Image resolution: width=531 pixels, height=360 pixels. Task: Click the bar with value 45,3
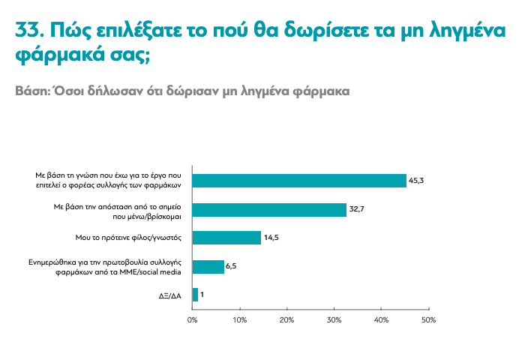[x=299, y=181]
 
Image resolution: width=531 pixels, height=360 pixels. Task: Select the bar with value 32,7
[x=269, y=209]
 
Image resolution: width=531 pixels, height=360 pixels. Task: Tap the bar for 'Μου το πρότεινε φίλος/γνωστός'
[x=226, y=238]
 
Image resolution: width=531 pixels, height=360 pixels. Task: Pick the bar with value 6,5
[x=208, y=266]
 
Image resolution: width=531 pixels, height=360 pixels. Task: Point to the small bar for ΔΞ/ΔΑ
[x=195, y=295]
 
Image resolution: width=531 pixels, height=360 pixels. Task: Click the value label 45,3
[x=417, y=181]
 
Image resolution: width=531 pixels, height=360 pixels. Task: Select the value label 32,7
[x=357, y=209]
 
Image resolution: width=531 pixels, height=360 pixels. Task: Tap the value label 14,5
[x=271, y=238]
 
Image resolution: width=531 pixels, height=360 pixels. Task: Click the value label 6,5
[x=232, y=266]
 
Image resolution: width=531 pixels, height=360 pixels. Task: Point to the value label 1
[x=202, y=295]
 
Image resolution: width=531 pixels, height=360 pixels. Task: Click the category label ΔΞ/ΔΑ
[x=170, y=295]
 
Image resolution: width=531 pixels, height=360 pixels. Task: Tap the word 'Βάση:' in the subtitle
[x=32, y=91]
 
